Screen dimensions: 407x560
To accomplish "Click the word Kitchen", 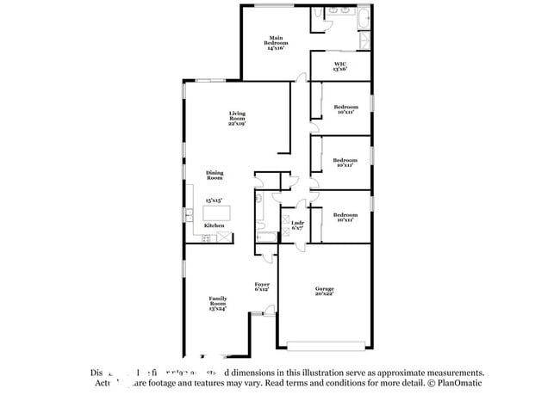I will tap(215, 225).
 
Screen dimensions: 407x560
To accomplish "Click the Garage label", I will tap(324, 289).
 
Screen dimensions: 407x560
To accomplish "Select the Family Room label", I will tap(217, 301).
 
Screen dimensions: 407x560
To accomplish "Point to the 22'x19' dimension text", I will tap(237, 124).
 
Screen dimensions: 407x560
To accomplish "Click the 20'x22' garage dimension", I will tap(324, 295).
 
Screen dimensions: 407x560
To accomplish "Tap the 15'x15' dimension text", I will tap(214, 200).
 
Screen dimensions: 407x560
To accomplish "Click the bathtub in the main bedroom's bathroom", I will tap(363, 18).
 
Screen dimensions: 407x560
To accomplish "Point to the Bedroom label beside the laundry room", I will tap(345, 217).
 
